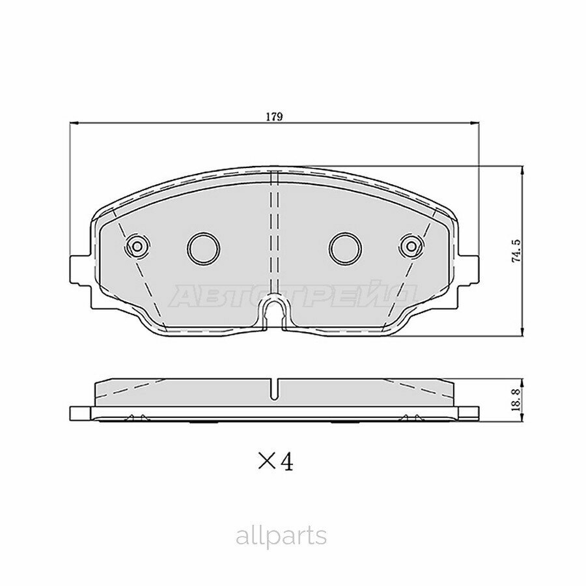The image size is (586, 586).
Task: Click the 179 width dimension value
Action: (273, 117)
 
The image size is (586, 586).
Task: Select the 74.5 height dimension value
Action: (516, 251)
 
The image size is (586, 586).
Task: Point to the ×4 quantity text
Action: (275, 462)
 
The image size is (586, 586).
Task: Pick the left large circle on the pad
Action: (203, 247)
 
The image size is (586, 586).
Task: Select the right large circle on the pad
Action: (345, 247)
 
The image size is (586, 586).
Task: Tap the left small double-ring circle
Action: (137, 246)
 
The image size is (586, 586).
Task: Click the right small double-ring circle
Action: (411, 246)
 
